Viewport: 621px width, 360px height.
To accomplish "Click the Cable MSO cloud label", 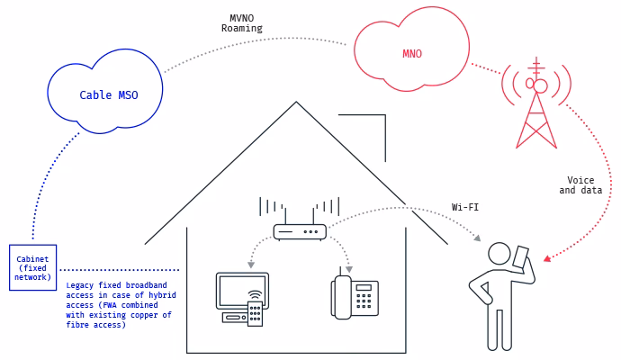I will click(109, 94).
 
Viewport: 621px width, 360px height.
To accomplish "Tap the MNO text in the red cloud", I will click(412, 54).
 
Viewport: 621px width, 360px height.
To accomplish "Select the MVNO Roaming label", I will click(242, 22).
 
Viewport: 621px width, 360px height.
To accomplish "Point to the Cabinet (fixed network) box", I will click(32, 267).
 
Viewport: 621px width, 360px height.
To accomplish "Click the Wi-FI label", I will click(465, 207).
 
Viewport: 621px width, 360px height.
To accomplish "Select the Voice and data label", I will click(580, 185).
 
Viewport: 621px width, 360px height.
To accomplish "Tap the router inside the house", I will click(300, 231).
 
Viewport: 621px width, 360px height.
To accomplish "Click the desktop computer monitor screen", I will click(242, 290).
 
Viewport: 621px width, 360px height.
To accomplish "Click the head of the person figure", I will click(499, 253).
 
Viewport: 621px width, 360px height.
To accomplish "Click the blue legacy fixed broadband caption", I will click(121, 304).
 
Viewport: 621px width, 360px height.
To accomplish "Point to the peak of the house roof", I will click(296, 103).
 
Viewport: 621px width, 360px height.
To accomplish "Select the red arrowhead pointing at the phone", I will click(546, 259).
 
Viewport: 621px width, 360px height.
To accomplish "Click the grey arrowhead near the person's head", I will click(478, 238).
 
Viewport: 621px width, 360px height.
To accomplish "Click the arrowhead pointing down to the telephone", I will click(349, 268).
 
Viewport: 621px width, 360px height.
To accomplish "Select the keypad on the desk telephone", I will click(364, 298).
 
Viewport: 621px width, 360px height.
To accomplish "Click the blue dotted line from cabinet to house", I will click(119, 269).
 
